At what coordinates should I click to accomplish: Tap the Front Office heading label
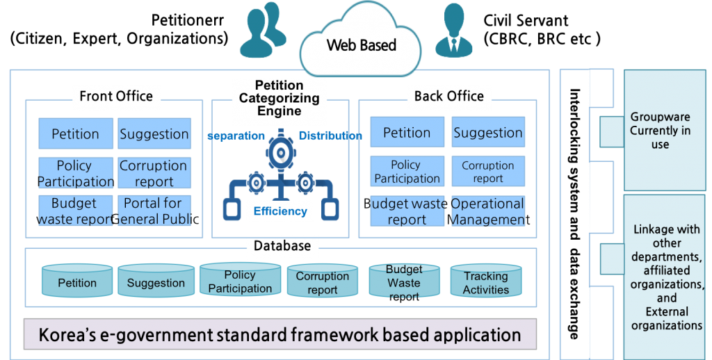pyautogui.click(x=116, y=97)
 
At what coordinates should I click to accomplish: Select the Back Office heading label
pyautogui.click(x=448, y=97)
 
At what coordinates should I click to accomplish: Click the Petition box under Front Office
pyautogui.click(x=75, y=134)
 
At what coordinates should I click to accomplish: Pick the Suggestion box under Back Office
pyautogui.click(x=487, y=133)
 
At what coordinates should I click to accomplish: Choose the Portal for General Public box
pyautogui.click(x=153, y=211)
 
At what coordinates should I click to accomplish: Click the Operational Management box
pyautogui.click(x=487, y=211)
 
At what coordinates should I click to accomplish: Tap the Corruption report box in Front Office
pyautogui.click(x=153, y=174)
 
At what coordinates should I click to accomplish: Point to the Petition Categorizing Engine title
pyautogui.click(x=279, y=98)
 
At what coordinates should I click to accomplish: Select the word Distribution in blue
pyautogui.click(x=330, y=136)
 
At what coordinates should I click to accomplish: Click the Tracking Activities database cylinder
pyautogui.click(x=485, y=282)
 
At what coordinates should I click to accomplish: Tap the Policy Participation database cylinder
pyautogui.click(x=240, y=281)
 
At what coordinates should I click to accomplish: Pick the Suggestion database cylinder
pyautogui.click(x=156, y=282)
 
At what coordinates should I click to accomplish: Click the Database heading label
pyautogui.click(x=282, y=246)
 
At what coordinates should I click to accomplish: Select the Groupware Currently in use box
pyautogui.click(x=660, y=130)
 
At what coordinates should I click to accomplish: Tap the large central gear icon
pyautogui.click(x=280, y=154)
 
